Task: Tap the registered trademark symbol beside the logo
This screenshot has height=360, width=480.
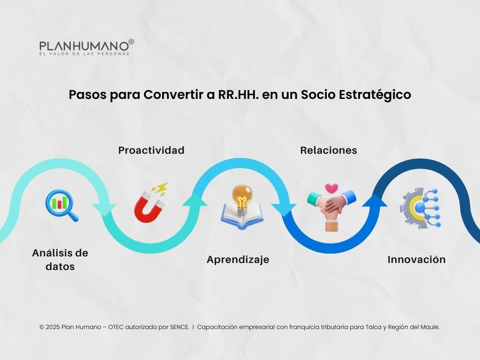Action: [x=131, y=42]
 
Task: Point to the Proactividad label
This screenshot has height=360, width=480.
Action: [x=151, y=150]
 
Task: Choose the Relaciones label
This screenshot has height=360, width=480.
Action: [x=329, y=150]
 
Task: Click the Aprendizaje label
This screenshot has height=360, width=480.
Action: [x=238, y=260]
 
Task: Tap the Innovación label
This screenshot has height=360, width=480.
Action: [x=416, y=260]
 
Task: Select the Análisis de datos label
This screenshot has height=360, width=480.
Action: [x=60, y=260]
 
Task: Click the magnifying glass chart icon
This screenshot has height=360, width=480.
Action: [x=61, y=205]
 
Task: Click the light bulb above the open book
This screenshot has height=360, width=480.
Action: [x=242, y=198]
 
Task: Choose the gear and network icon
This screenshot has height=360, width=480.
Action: [x=420, y=208]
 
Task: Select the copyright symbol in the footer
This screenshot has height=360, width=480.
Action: [x=42, y=327]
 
